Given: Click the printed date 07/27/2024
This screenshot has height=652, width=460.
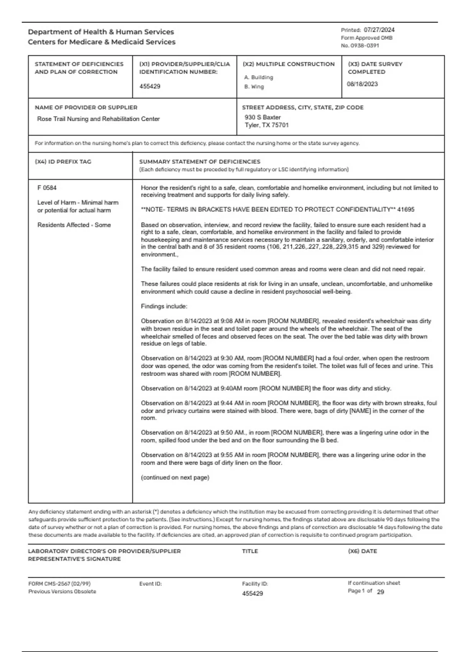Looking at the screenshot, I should pos(379,30).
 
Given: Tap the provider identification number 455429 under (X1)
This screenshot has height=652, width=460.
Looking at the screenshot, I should pos(150,86).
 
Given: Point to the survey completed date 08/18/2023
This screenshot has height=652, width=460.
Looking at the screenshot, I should pos(362,84).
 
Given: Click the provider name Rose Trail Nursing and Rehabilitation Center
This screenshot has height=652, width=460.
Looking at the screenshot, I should pos(98,119).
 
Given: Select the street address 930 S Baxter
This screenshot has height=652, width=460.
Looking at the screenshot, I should pos(263,117).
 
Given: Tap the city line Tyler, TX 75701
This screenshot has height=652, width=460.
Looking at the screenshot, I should pos(267,125).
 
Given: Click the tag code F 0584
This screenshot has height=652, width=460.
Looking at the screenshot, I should pos(47,188).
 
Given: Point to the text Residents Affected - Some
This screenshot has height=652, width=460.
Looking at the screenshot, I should pos(74,225).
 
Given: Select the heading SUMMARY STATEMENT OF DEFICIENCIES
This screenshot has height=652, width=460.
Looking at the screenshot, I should pos(200,162).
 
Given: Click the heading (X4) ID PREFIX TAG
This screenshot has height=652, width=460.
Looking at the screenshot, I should pos(63,162).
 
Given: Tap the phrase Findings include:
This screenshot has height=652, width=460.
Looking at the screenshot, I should pos(164,306).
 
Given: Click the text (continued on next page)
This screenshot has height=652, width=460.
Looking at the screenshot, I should pos(175,477).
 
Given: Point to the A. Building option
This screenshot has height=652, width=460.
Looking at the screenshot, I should pos(258,77).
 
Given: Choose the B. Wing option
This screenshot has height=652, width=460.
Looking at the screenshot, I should pos(254,87).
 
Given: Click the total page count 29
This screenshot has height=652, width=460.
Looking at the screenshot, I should pos(380,592).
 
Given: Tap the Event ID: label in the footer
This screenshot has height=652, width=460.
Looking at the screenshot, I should pos(150,584).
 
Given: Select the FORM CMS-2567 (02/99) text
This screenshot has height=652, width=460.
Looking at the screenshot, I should pos(59,584).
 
